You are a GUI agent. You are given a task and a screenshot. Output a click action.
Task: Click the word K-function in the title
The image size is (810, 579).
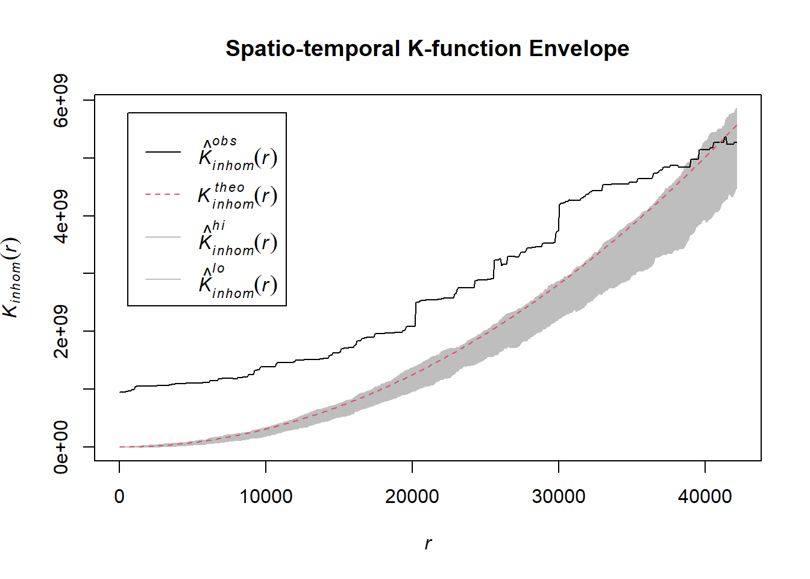click(x=465, y=48)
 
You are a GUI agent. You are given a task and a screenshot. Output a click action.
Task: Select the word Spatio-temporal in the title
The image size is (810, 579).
click(x=313, y=48)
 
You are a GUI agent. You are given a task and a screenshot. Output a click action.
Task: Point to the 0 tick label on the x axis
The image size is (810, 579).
click(x=119, y=496)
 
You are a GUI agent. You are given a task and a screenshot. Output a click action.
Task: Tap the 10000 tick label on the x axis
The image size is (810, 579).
click(x=266, y=496)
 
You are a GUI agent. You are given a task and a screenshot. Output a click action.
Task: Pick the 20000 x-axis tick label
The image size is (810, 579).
click(x=412, y=496)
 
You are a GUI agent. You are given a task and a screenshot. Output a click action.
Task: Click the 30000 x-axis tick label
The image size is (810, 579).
click(x=559, y=496)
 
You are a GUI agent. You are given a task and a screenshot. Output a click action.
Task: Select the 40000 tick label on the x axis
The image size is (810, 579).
click(x=705, y=496)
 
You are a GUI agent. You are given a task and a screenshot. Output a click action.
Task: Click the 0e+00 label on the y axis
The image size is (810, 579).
click(x=61, y=447)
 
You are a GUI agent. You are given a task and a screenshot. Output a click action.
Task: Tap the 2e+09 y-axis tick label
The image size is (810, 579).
click(x=61, y=331)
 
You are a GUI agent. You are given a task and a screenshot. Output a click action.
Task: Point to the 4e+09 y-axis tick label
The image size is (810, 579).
click(x=61, y=216)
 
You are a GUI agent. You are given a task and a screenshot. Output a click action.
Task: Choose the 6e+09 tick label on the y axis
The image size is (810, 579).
click(x=61, y=101)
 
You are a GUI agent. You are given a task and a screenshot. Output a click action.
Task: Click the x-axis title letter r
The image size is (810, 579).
click(x=428, y=543)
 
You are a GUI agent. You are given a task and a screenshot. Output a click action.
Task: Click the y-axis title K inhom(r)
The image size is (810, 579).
click(x=12, y=277)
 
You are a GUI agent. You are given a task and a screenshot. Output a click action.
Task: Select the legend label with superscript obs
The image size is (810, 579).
click(x=238, y=154)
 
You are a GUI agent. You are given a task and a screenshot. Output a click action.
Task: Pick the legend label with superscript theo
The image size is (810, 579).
click(x=238, y=195)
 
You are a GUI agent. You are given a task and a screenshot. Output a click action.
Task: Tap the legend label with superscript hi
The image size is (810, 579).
click(x=238, y=239)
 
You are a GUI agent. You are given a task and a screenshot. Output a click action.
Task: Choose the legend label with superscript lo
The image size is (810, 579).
click(x=238, y=282)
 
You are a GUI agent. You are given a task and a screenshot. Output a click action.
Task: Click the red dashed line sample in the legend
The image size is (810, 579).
click(x=163, y=195)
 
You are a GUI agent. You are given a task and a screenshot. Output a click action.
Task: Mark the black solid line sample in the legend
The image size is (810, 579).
click(x=163, y=152)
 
